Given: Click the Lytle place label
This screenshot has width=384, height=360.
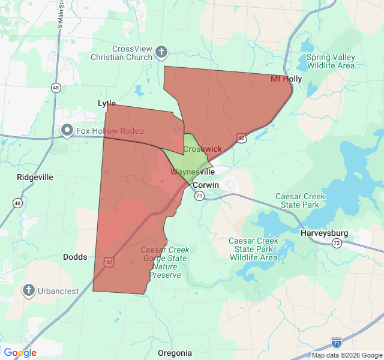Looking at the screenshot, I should (107, 104).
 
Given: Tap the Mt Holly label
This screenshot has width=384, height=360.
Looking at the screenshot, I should (286, 79).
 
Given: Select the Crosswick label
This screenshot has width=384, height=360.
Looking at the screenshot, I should (202, 149).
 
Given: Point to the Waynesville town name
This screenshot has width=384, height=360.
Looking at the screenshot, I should (193, 172).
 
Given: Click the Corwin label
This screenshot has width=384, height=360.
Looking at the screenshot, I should (206, 185).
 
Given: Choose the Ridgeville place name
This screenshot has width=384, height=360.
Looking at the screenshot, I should (35, 177).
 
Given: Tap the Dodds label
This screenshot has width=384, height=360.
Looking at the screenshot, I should (75, 257).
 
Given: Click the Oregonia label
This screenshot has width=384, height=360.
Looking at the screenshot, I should (175, 353).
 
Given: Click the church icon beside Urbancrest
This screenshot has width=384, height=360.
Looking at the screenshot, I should (28, 291).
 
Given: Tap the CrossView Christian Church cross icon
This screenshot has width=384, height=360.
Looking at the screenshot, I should (161, 52).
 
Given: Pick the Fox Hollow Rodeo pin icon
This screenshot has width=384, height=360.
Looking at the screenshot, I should (67, 130).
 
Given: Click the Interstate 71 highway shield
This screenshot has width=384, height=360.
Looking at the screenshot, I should (337, 343).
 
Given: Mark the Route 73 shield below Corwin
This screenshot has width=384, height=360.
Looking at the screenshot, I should (199, 196).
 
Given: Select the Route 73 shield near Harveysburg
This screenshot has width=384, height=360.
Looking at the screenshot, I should (337, 243).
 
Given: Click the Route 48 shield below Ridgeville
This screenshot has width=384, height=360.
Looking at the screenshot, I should (17, 203).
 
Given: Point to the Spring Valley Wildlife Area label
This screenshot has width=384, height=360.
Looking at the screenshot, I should (331, 61).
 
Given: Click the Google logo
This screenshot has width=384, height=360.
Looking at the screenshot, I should (20, 353).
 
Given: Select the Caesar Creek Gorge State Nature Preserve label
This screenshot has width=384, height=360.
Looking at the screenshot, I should (165, 262).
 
